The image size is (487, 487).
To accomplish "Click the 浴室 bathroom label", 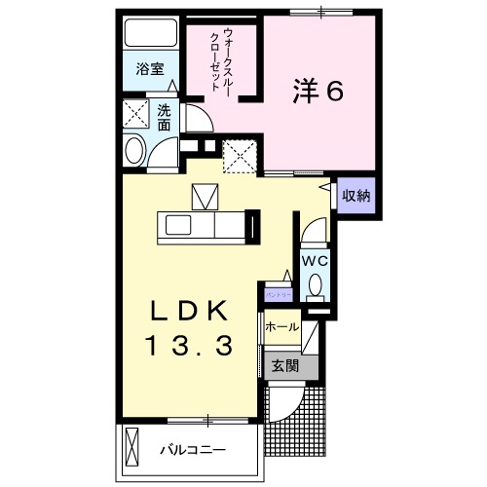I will [x=149, y=70].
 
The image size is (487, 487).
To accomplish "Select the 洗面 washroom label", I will [x=165, y=118].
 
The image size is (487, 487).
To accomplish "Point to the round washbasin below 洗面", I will [x=134, y=149].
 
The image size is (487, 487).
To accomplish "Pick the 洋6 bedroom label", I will [x=318, y=91].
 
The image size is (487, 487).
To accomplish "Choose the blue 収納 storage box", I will [x=356, y=196].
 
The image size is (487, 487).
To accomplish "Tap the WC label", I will [x=314, y=261].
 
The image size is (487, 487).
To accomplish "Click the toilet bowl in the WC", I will [x=316, y=285].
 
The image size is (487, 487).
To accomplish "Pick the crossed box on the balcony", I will [x=132, y=447].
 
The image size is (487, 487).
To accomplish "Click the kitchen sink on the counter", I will [x=182, y=225].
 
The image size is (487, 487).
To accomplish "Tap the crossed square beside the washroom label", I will [x=135, y=114].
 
